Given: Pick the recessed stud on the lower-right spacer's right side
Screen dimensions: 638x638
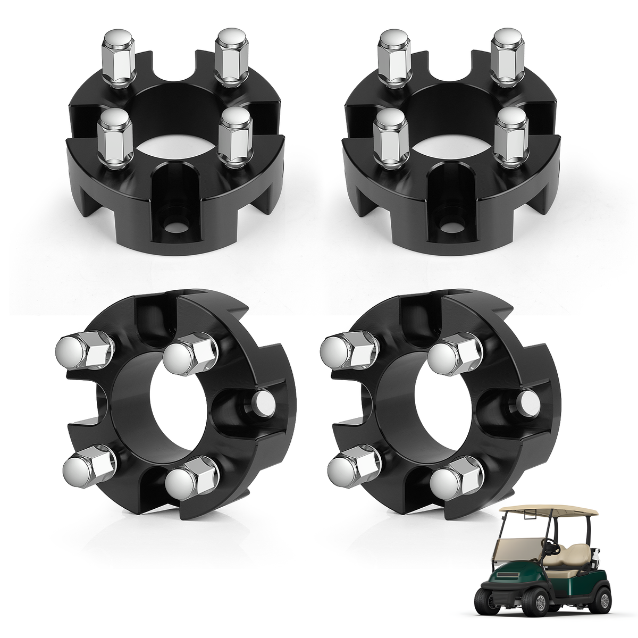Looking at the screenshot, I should [528, 402].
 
